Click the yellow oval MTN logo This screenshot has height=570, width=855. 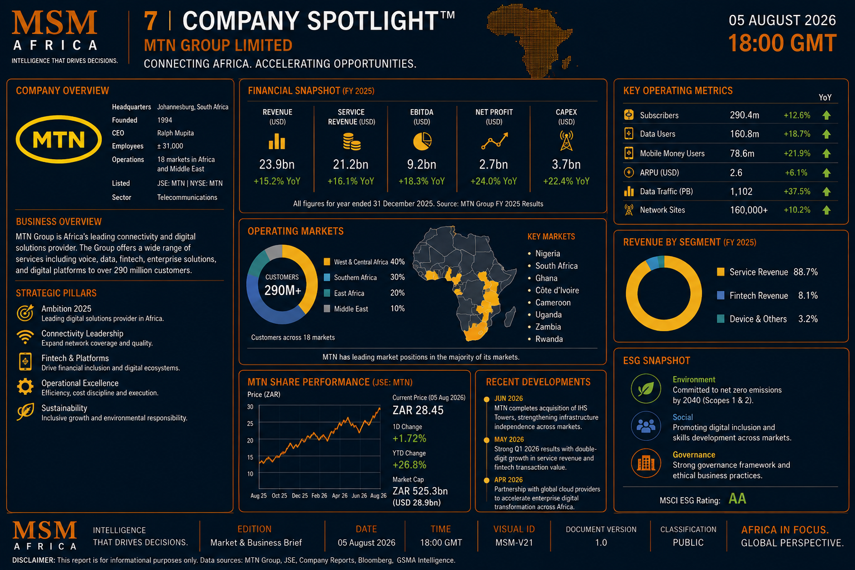point(59,140)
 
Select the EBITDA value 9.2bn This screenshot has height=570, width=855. point(422,164)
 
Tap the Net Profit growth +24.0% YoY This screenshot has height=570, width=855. point(494,181)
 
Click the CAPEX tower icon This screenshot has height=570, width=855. point(566,141)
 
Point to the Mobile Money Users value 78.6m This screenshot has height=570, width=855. point(742,154)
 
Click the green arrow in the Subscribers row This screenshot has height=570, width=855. point(827,115)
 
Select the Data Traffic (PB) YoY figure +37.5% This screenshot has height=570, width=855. point(797,191)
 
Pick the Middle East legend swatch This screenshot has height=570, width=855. point(327,308)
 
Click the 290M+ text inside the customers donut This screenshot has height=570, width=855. point(282,291)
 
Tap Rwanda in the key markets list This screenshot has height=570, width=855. point(549,339)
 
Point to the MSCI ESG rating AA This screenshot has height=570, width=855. point(737,498)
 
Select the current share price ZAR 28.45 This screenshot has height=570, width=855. point(418,410)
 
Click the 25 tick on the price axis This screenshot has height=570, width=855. point(250,424)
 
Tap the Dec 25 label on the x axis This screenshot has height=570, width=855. point(300,495)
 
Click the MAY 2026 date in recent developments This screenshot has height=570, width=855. point(509,440)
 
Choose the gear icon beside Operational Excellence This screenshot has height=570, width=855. point(25,386)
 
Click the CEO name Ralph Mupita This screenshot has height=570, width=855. point(175,133)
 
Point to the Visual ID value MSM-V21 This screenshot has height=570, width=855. point(514,543)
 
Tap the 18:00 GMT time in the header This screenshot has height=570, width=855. point(782,43)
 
